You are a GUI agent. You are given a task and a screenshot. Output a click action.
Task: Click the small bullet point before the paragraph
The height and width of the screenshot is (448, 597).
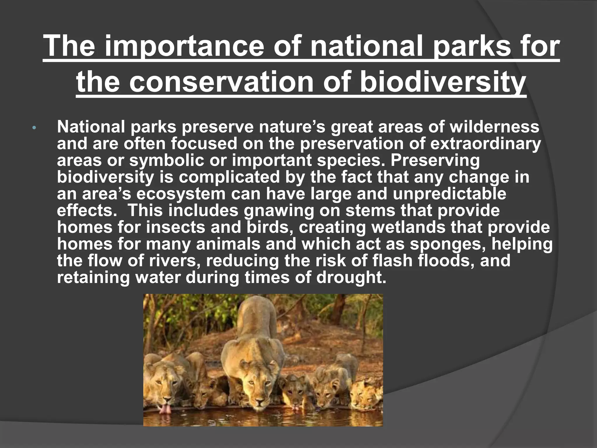[x=34, y=128]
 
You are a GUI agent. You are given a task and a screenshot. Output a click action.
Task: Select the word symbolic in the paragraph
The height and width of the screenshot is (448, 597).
[x=166, y=160]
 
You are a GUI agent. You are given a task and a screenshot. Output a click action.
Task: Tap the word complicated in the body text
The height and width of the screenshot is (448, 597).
[x=229, y=177]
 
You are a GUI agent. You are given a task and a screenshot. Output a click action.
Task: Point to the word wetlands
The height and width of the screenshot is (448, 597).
[x=408, y=227]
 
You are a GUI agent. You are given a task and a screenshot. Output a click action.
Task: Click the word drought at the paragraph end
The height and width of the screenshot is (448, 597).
[x=351, y=277]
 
